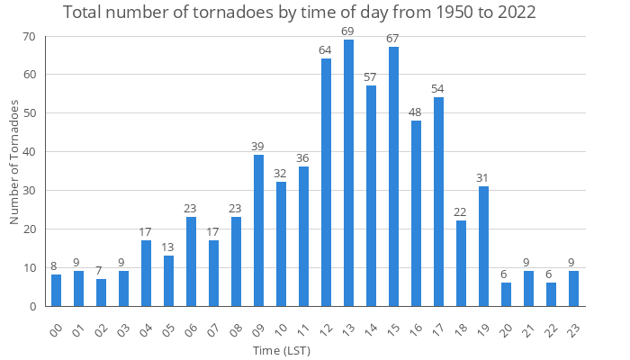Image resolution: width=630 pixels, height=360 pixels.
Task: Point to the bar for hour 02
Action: click(101, 292)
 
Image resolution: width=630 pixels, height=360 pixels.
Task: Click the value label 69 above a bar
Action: click(348, 32)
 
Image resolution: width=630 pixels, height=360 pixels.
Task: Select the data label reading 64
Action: click(326, 51)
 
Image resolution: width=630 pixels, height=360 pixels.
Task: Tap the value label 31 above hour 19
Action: click(483, 178)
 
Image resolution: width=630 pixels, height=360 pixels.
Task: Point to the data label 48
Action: click(416, 112)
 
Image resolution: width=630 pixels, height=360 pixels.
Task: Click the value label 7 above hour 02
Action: click(101, 271)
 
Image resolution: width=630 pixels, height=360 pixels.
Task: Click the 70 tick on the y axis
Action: click(29, 37)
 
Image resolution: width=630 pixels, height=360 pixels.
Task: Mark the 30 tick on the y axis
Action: click(29, 191)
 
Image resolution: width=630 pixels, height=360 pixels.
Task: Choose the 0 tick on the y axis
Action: click(31, 306)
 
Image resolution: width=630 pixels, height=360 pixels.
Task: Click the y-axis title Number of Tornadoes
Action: click(14, 162)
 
